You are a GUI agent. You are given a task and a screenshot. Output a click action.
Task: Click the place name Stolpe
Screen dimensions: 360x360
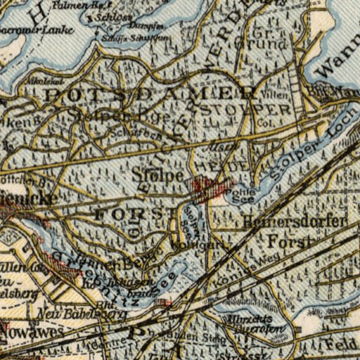[157, 174]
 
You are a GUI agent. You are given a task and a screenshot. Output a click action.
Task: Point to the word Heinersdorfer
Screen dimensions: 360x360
[295, 222]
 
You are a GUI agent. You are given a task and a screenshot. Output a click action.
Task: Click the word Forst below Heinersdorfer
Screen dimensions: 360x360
[289, 243]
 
